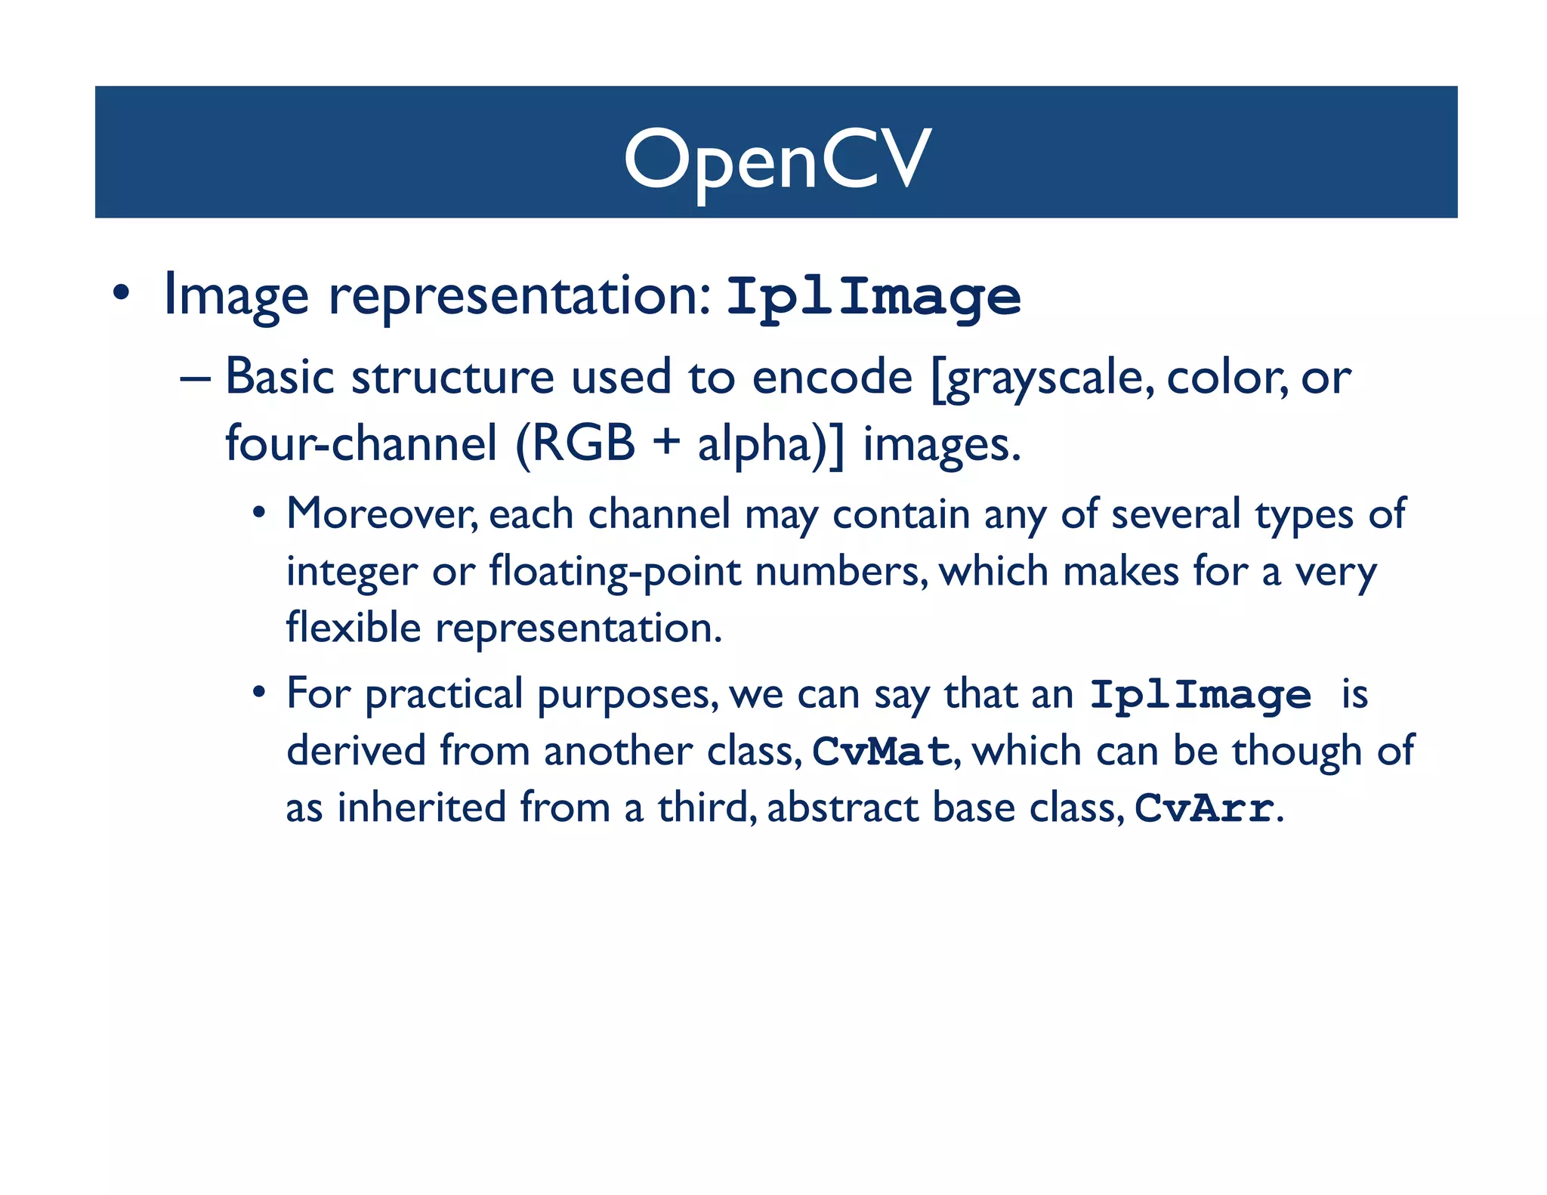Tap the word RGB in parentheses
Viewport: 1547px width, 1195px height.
584,443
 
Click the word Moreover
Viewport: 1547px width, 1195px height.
382,514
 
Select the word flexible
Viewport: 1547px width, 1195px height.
353,628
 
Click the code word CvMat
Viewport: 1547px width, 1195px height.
881,752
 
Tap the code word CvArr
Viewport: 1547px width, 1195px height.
1204,808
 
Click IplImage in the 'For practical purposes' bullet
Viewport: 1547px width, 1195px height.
1200,695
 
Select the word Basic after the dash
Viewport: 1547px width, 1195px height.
279,376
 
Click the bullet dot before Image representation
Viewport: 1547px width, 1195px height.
121,293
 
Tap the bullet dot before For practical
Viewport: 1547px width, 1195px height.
259,692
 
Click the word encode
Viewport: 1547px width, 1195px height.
832,376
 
